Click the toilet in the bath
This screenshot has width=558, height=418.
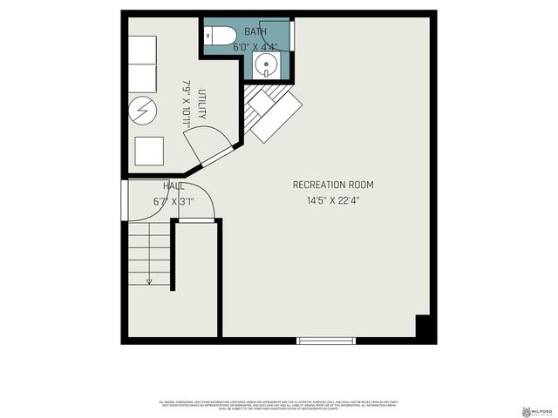(x=220, y=35)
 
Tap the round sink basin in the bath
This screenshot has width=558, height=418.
(x=266, y=65)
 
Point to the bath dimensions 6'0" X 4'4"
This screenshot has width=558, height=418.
(x=255, y=48)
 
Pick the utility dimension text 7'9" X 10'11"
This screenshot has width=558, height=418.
(x=186, y=104)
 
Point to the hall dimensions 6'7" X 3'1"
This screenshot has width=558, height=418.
(x=173, y=201)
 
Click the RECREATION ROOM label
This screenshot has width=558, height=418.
(x=333, y=185)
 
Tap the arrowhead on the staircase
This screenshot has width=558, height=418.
(x=149, y=280)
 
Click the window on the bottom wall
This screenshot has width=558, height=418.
(x=326, y=340)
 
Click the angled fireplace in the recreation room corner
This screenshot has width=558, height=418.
(x=272, y=111)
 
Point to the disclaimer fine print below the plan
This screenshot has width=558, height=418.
(x=279, y=405)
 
